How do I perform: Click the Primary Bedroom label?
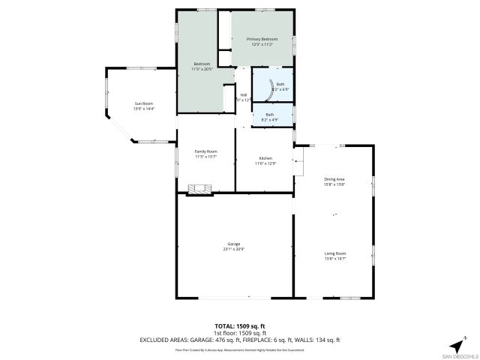[262, 39]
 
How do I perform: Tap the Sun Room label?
[142, 103]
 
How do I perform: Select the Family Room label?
[205, 151]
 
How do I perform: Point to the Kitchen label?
[265, 158]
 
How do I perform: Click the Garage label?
[234, 244]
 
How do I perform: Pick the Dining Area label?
[334, 178]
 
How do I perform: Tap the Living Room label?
[334, 253]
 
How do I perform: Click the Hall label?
[243, 94]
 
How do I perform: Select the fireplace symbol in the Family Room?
[199, 188]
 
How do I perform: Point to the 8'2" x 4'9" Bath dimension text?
[269, 120]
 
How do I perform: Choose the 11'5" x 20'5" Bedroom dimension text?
[202, 70]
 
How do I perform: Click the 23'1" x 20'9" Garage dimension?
[234, 250]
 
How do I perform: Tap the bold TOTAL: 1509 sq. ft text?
[240, 326]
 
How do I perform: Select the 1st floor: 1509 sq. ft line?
[240, 333]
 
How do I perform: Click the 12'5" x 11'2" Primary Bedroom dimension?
[262, 44]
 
